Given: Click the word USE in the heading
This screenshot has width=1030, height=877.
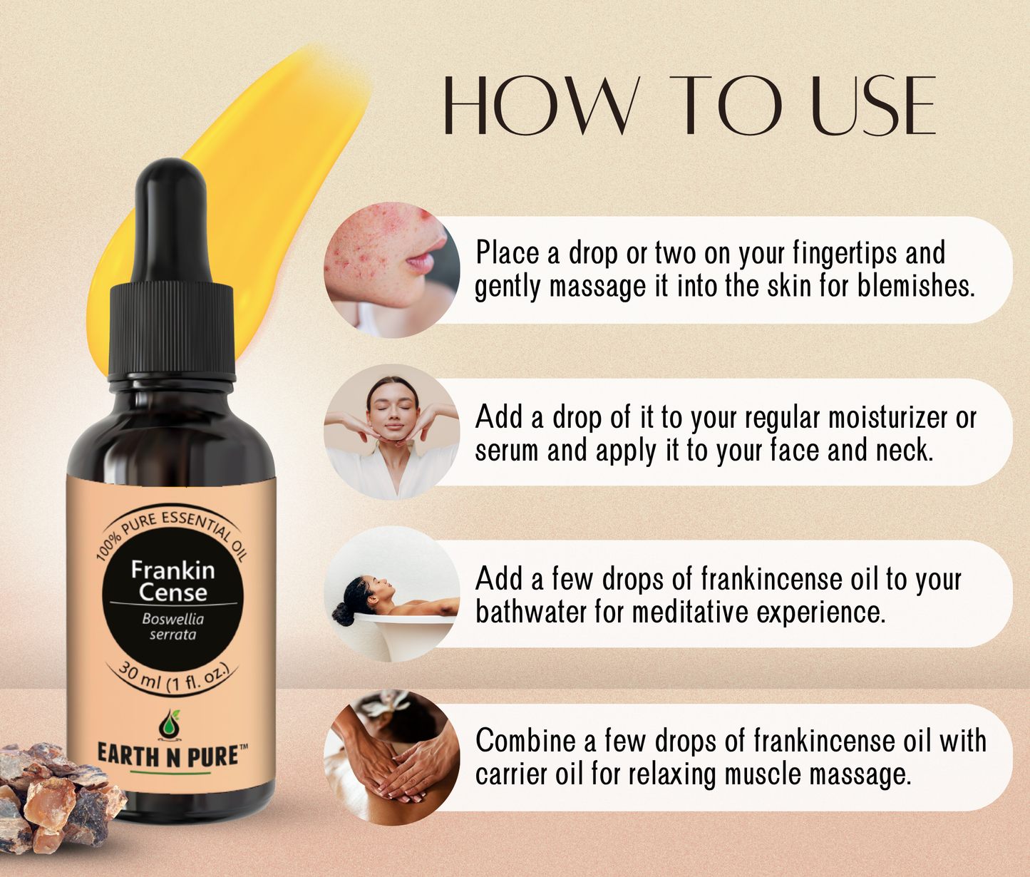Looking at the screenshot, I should (874, 106).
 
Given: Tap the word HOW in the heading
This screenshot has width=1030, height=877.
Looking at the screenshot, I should (539, 106).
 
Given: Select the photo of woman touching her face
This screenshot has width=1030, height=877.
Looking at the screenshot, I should (391, 431).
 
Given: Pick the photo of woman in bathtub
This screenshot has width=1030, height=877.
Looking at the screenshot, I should (391, 593).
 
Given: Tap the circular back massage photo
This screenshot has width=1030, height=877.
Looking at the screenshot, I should (391, 757).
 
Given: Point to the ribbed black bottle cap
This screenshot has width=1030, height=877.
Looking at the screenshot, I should (172, 332).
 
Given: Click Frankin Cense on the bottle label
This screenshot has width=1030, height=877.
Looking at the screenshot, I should (172, 581).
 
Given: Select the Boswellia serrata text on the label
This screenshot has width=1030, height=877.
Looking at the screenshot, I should (172, 627).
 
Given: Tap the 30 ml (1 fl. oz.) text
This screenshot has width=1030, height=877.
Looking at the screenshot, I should (173, 678).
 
